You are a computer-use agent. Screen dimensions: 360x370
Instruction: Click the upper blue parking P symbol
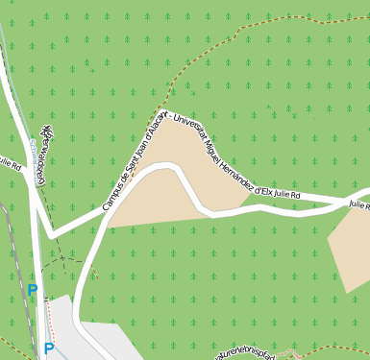33,289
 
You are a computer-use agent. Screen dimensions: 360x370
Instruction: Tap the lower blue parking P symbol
48,349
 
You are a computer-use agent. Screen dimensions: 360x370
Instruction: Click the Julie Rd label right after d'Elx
287,195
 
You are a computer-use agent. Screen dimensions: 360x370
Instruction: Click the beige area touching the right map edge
351,248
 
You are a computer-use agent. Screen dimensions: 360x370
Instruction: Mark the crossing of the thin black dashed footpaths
63,258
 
